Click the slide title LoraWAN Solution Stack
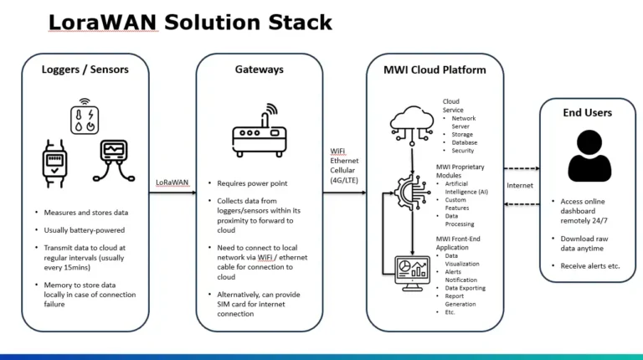pyautogui.click(x=190, y=22)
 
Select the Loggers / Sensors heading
pyautogui.click(x=85, y=69)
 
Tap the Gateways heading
pyautogui.click(x=260, y=69)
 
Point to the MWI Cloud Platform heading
pyautogui.click(x=435, y=69)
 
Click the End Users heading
pyautogui.click(x=587, y=112)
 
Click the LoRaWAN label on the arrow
pyautogui.click(x=172, y=182)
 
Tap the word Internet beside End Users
pyautogui.click(x=521, y=185)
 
